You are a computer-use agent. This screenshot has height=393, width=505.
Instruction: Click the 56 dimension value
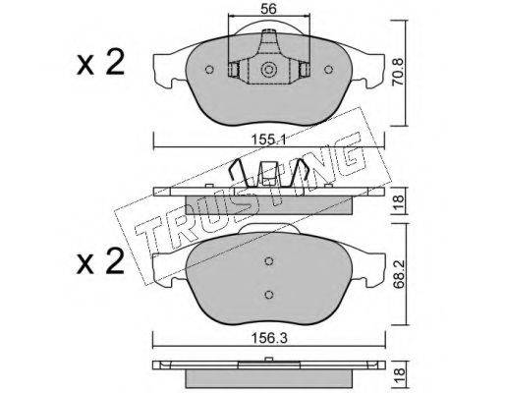(268, 9)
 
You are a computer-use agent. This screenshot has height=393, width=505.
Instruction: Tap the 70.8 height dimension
(398, 72)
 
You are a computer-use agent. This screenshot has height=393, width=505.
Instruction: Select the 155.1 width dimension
(268, 140)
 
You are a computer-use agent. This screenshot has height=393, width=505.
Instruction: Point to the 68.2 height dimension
(399, 274)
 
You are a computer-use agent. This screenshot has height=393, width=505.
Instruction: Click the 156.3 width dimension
(268, 338)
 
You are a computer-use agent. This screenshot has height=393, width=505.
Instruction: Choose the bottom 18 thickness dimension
(399, 375)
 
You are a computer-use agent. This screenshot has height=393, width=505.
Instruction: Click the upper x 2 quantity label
(100, 62)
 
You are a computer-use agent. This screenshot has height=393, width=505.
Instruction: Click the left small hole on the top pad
(209, 70)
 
